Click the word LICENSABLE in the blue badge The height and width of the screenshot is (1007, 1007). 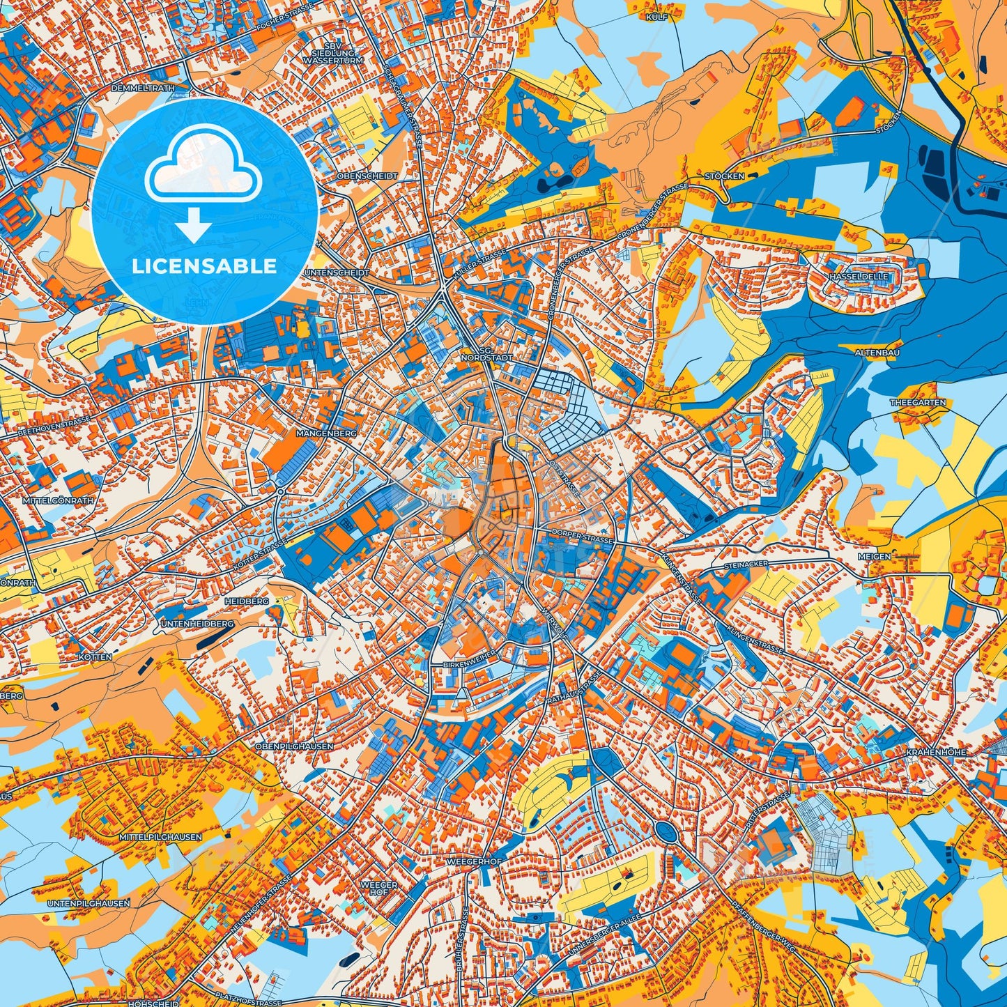(205, 266)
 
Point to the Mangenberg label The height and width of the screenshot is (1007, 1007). (326, 433)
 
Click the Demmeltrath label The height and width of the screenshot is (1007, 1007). (141, 89)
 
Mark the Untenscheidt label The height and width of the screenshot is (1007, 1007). (337, 273)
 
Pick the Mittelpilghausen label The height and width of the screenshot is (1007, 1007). (160, 837)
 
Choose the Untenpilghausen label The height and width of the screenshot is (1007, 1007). (89, 903)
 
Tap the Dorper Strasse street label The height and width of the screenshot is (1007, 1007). (581, 539)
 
